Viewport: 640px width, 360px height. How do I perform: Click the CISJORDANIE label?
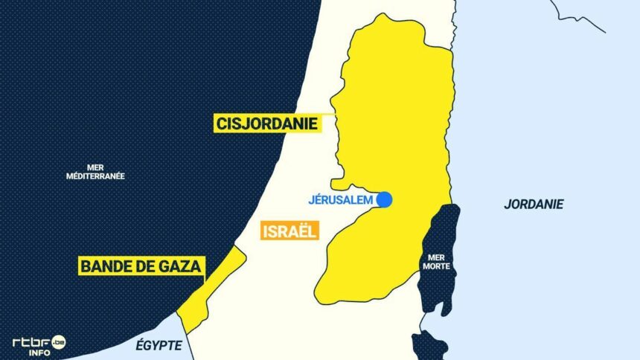267,123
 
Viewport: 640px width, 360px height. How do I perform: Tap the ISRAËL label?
289,231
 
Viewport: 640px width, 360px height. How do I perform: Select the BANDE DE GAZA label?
140,266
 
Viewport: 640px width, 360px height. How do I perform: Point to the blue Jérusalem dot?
384,199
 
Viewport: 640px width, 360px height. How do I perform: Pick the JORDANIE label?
534,204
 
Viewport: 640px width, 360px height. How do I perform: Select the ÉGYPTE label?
159,345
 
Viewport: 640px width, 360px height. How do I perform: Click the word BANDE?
104,266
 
